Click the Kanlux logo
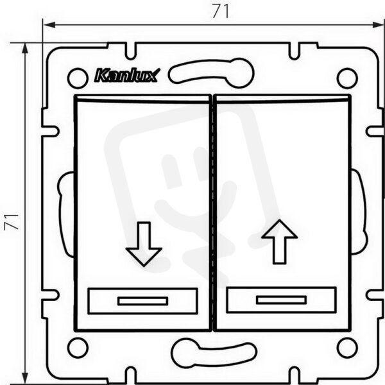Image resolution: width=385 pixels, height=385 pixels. (x=127, y=75)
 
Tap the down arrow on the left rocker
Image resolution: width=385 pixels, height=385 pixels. (x=144, y=244)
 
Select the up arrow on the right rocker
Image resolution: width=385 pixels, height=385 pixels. (x=279, y=242)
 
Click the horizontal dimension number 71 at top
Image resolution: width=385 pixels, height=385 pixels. (x=221, y=12)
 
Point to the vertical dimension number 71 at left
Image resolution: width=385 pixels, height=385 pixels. (x=12, y=222)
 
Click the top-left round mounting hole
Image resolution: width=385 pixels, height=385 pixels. (x=78, y=78)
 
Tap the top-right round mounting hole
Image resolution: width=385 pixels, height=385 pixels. (x=347, y=78)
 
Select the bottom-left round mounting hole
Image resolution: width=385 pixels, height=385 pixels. (x=78, y=348)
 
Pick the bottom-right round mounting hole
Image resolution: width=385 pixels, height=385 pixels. (x=347, y=348)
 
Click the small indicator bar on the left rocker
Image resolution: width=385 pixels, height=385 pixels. (x=142, y=301)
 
